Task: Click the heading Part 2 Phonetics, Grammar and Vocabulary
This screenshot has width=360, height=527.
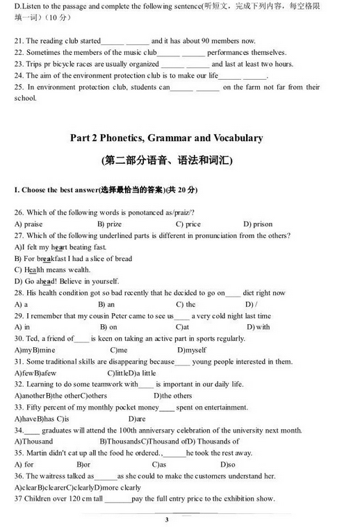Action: (x=166, y=137)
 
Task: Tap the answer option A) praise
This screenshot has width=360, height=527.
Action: (x=28, y=224)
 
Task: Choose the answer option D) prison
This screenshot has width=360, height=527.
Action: (x=258, y=224)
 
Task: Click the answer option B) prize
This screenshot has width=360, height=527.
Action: (x=109, y=224)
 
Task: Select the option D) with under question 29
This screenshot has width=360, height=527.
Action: (x=258, y=326)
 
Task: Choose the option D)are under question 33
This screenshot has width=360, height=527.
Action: (x=137, y=419)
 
